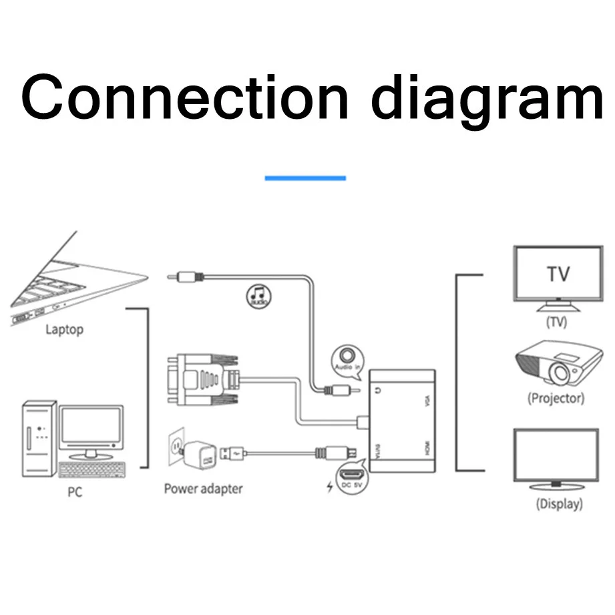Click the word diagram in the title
(x=487, y=100)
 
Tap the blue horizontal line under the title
(x=305, y=178)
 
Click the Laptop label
(x=64, y=329)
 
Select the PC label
(x=75, y=493)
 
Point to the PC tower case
(x=39, y=437)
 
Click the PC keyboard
(x=92, y=470)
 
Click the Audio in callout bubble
(x=347, y=359)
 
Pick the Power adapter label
(x=203, y=489)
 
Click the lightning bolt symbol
(x=329, y=486)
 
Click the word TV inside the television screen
(x=558, y=274)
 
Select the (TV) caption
(x=556, y=322)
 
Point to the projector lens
(x=559, y=374)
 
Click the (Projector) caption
(x=556, y=399)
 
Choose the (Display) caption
(x=559, y=504)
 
